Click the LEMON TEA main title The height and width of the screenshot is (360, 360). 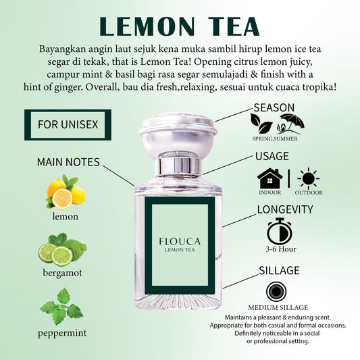179,25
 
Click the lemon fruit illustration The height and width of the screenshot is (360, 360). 66,192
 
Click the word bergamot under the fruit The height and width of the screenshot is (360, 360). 66,274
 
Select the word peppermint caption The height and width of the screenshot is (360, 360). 62,333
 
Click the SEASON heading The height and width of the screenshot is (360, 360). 274,107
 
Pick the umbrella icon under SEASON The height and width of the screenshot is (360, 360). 292,122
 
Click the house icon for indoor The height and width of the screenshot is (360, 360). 269,178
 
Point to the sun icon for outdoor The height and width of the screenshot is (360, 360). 309,179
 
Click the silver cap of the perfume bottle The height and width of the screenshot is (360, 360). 178,138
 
